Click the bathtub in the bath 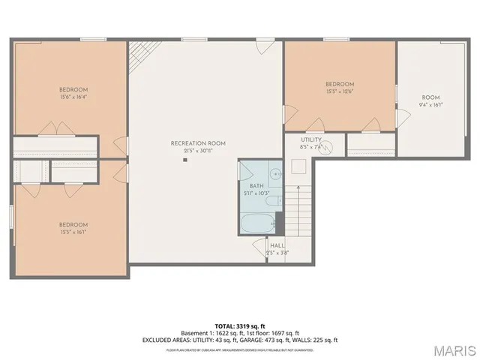(x=258, y=224)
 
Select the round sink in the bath (x=275, y=174)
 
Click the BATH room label (x=256, y=185)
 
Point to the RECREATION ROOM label (x=198, y=142)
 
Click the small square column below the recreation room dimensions (x=184, y=160)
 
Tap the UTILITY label (x=311, y=139)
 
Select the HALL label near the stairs (x=277, y=245)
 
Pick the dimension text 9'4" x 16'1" (x=430, y=105)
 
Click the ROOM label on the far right (x=430, y=97)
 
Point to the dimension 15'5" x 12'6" (x=340, y=91)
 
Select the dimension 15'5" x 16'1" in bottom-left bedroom (x=73, y=232)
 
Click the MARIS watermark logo (x=454, y=350)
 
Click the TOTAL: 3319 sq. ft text (x=239, y=325)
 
